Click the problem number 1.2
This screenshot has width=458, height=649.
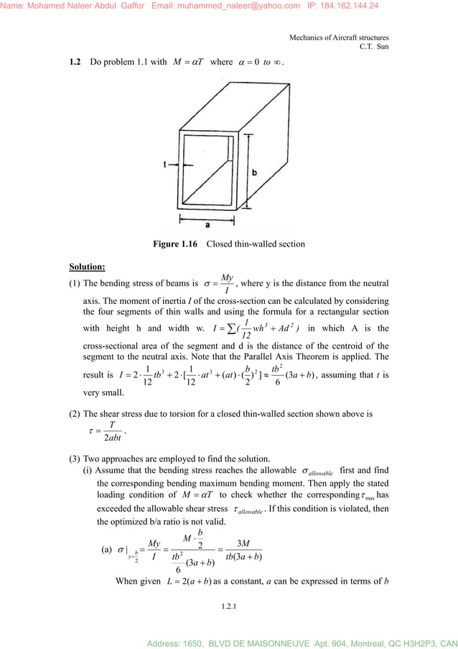click(x=75, y=62)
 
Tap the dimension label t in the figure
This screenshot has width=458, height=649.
click(x=164, y=165)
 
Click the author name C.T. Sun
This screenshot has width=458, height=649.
click(x=374, y=47)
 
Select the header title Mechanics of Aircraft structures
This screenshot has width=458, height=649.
click(x=339, y=37)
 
